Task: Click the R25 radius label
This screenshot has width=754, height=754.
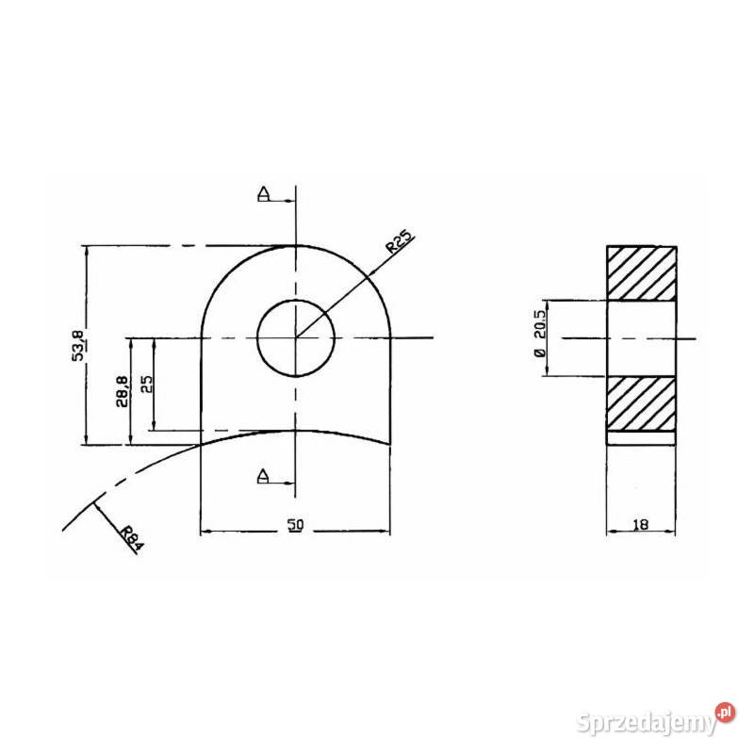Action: tap(400, 242)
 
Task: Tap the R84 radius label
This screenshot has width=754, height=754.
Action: tap(131, 538)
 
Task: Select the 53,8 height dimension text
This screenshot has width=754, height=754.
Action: tap(79, 345)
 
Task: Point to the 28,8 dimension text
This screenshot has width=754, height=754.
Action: tap(123, 391)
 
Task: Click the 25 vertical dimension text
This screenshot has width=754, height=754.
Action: tap(147, 384)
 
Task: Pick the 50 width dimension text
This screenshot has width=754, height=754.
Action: tap(296, 524)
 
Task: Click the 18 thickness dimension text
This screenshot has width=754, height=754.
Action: tap(641, 524)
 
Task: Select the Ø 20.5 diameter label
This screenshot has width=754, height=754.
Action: tap(540, 334)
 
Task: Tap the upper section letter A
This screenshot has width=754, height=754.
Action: tap(264, 194)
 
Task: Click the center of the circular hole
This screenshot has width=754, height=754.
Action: tap(296, 338)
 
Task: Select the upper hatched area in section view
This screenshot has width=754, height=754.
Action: tap(642, 273)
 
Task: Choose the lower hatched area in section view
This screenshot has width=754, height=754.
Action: tap(642, 403)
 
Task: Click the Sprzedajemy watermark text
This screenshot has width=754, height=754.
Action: tap(647, 722)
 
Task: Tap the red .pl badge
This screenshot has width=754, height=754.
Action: tap(725, 713)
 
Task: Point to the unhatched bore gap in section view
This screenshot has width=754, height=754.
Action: tap(642, 338)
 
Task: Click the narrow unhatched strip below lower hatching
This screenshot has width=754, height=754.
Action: tap(642, 438)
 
